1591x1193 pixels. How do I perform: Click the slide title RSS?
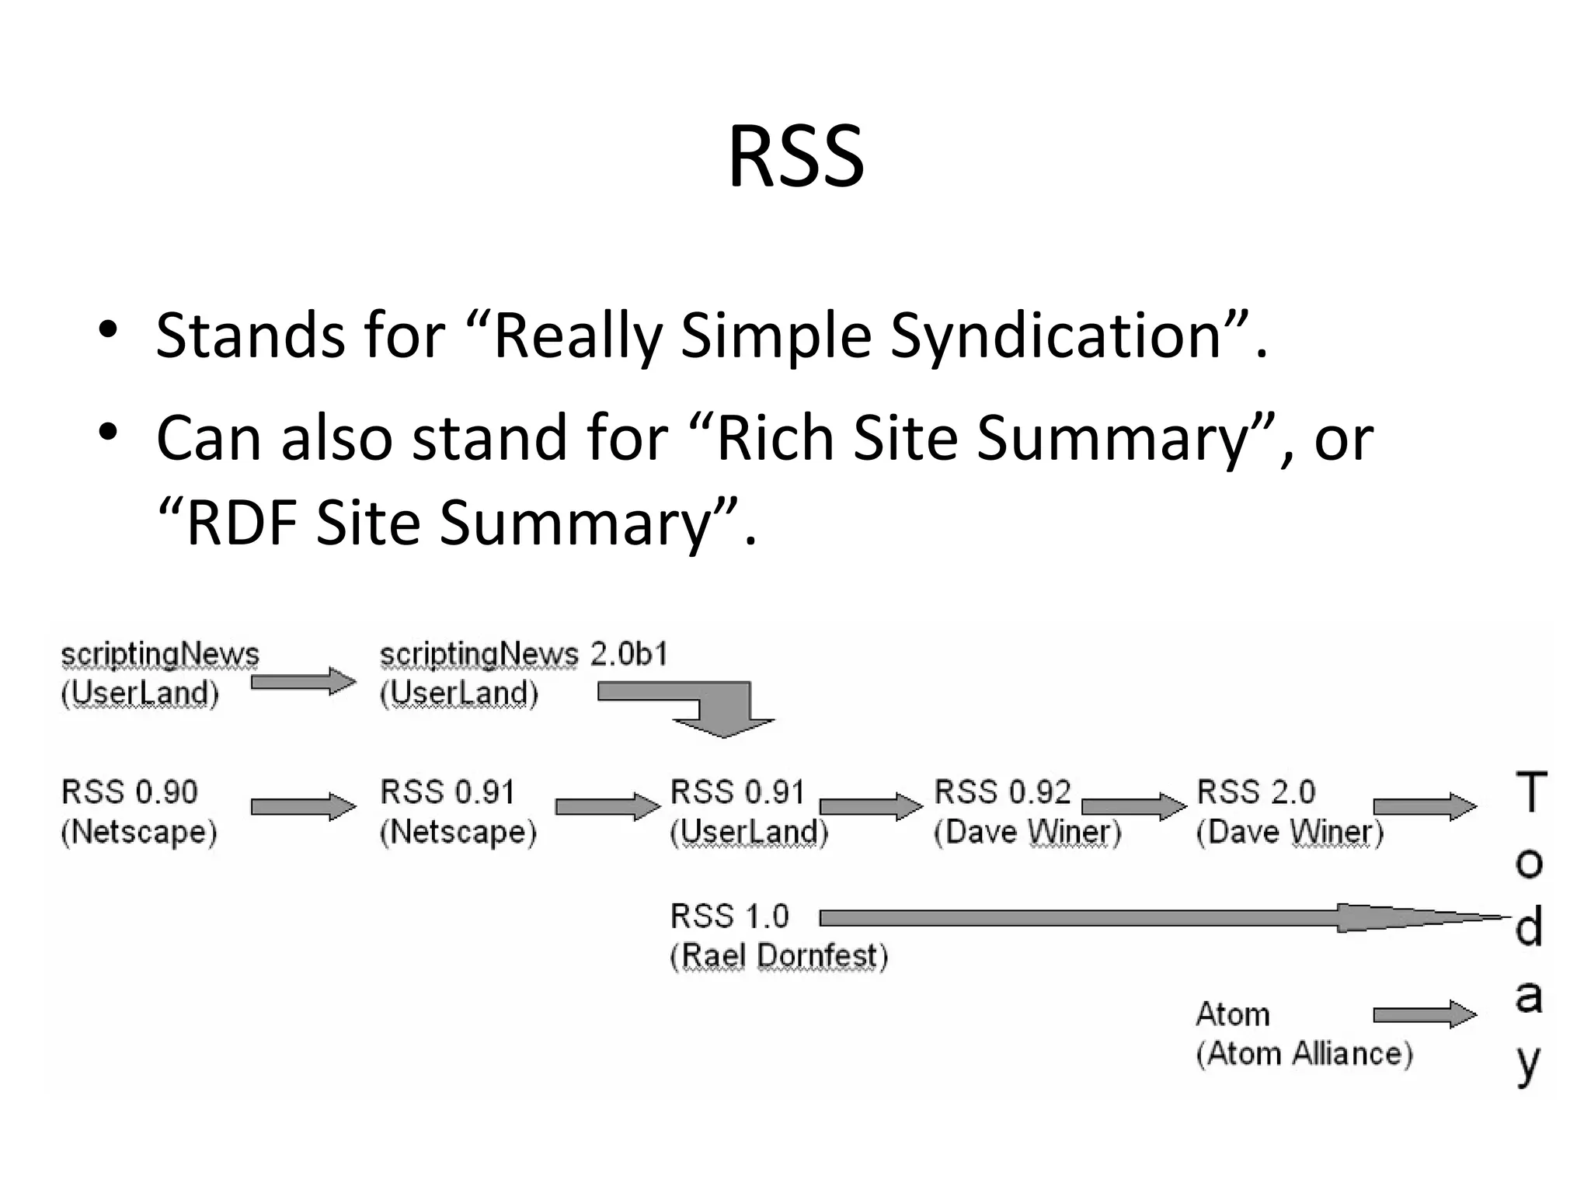tap(795, 158)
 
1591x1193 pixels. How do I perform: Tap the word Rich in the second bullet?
tap(773, 438)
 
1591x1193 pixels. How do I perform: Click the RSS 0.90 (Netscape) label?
tap(138, 812)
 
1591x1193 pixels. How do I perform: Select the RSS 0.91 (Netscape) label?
tap(457, 812)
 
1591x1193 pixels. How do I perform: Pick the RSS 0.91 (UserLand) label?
tap(748, 812)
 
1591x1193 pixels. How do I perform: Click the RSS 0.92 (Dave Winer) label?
tap(1026, 812)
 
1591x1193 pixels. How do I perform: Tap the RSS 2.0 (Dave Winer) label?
tap(1289, 812)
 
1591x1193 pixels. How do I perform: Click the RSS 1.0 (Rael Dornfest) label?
tap(778, 936)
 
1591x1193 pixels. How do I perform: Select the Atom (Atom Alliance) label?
tap(1303, 1034)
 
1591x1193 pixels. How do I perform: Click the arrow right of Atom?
tap(1424, 1014)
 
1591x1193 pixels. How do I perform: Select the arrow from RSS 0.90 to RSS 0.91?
tap(303, 806)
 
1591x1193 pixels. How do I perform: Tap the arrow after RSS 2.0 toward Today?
tap(1424, 806)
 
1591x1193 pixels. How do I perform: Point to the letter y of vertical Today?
tap(1528, 1064)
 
